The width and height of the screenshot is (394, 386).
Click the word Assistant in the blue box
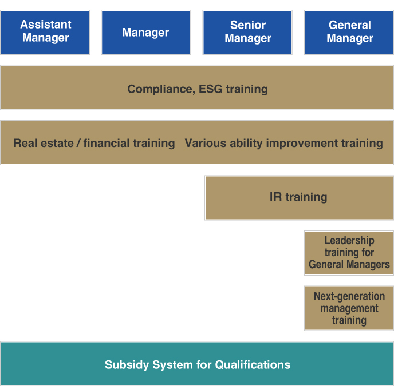tap(46, 25)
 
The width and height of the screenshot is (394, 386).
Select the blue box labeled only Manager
tap(145, 33)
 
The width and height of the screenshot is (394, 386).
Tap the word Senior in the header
tap(248, 25)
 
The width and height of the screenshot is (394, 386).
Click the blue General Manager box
tap(349, 33)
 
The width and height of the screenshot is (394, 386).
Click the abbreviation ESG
tap(211, 89)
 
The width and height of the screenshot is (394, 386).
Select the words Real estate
tap(44, 143)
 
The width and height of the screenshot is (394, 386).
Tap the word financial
tap(107, 143)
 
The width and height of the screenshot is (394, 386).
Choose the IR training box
tap(299, 198)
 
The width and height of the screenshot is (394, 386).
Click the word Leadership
tap(349, 240)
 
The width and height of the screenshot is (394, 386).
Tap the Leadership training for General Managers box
tap(349, 253)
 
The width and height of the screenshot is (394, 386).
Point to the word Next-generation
tap(349, 296)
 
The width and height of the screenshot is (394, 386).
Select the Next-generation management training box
tap(349, 308)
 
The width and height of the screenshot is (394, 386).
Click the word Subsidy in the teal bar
tap(127, 365)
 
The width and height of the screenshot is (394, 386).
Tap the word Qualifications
tap(253, 365)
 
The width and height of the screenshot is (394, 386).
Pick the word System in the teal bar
tap(172, 365)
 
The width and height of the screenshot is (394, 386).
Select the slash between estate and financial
tap(78, 143)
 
